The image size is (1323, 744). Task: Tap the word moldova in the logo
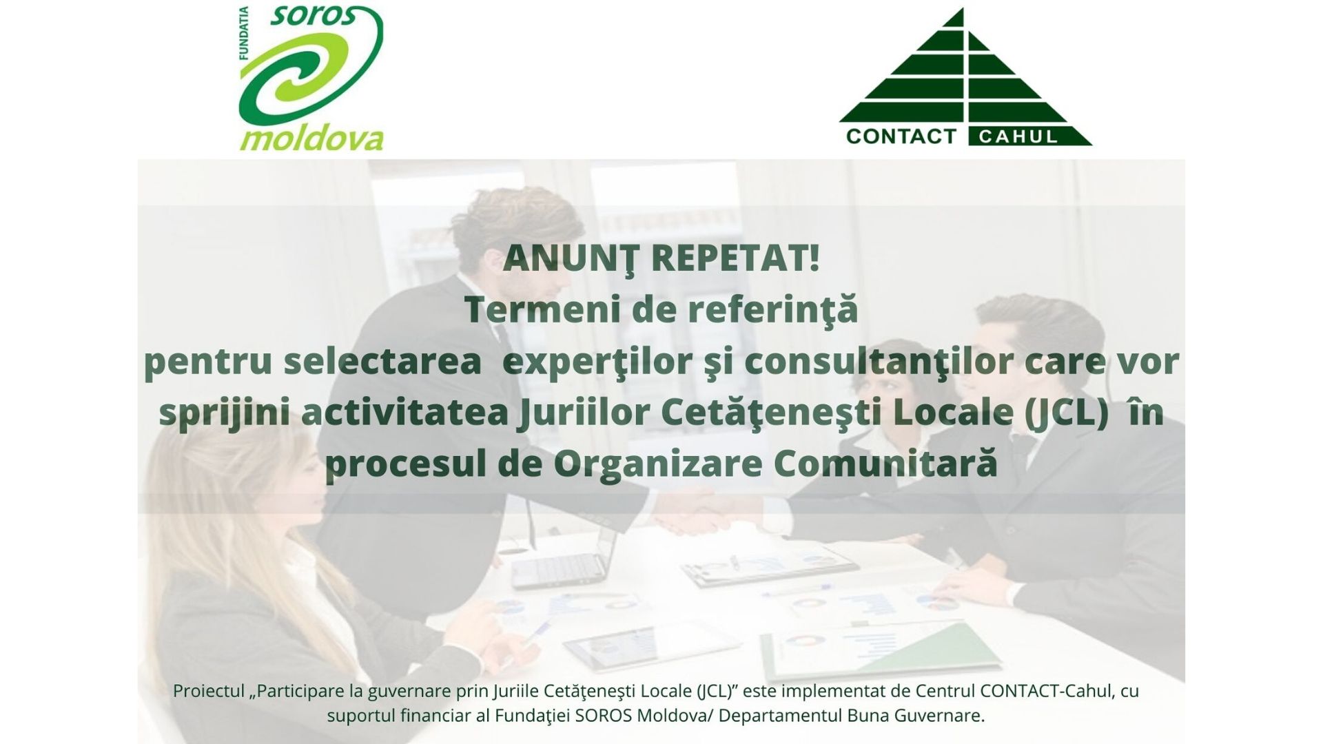click(311, 138)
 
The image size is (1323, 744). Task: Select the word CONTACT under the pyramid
click(901, 136)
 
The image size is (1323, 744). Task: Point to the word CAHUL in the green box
click(1018, 136)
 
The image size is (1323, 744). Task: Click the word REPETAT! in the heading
click(735, 258)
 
